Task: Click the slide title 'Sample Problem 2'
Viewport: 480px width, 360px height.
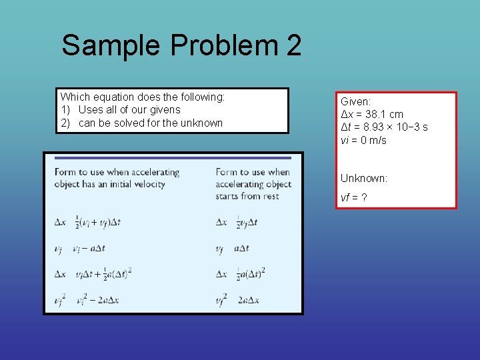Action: coord(181,46)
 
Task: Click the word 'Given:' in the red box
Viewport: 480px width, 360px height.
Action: coord(356,101)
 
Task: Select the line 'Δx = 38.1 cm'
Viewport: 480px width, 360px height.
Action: coord(372,114)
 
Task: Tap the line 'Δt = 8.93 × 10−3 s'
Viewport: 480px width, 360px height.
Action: coord(384,127)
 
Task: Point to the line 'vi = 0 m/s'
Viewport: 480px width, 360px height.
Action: coord(363,140)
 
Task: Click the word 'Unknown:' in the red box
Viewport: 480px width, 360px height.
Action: coord(364,178)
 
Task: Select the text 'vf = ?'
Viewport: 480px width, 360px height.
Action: coord(354,198)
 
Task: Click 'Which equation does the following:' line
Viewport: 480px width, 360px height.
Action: coord(143,97)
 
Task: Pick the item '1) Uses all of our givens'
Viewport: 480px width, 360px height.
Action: coord(120,109)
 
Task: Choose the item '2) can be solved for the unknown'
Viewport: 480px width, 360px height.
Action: coord(141,123)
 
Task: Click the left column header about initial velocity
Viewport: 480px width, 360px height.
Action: coord(117,178)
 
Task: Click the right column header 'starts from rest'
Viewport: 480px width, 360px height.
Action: coord(253,184)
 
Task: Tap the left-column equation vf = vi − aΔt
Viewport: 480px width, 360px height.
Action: coord(79,249)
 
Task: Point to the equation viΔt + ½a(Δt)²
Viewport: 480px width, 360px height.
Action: coord(93,274)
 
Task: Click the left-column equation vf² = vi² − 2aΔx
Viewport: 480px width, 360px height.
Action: coord(87,299)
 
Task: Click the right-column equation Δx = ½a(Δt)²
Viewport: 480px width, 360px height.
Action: coord(241,274)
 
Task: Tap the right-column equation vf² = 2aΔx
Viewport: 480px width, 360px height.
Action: coord(237,299)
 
